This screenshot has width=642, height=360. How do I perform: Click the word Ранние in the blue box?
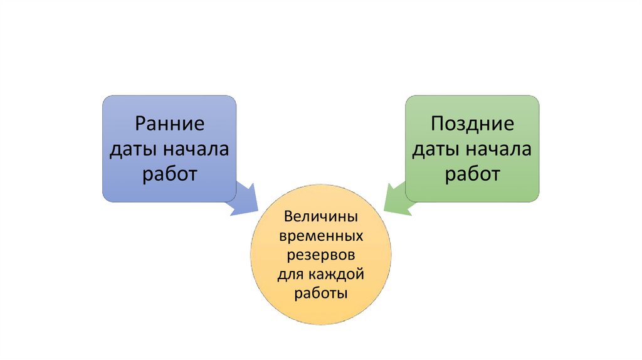[169, 123]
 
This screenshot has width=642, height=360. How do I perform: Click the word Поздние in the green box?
[472, 123]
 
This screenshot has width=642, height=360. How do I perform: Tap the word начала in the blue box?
[195, 149]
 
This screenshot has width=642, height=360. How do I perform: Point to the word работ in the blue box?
[169, 174]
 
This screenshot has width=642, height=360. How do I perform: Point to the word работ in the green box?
[472, 174]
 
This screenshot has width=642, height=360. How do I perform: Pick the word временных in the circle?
[320, 237]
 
